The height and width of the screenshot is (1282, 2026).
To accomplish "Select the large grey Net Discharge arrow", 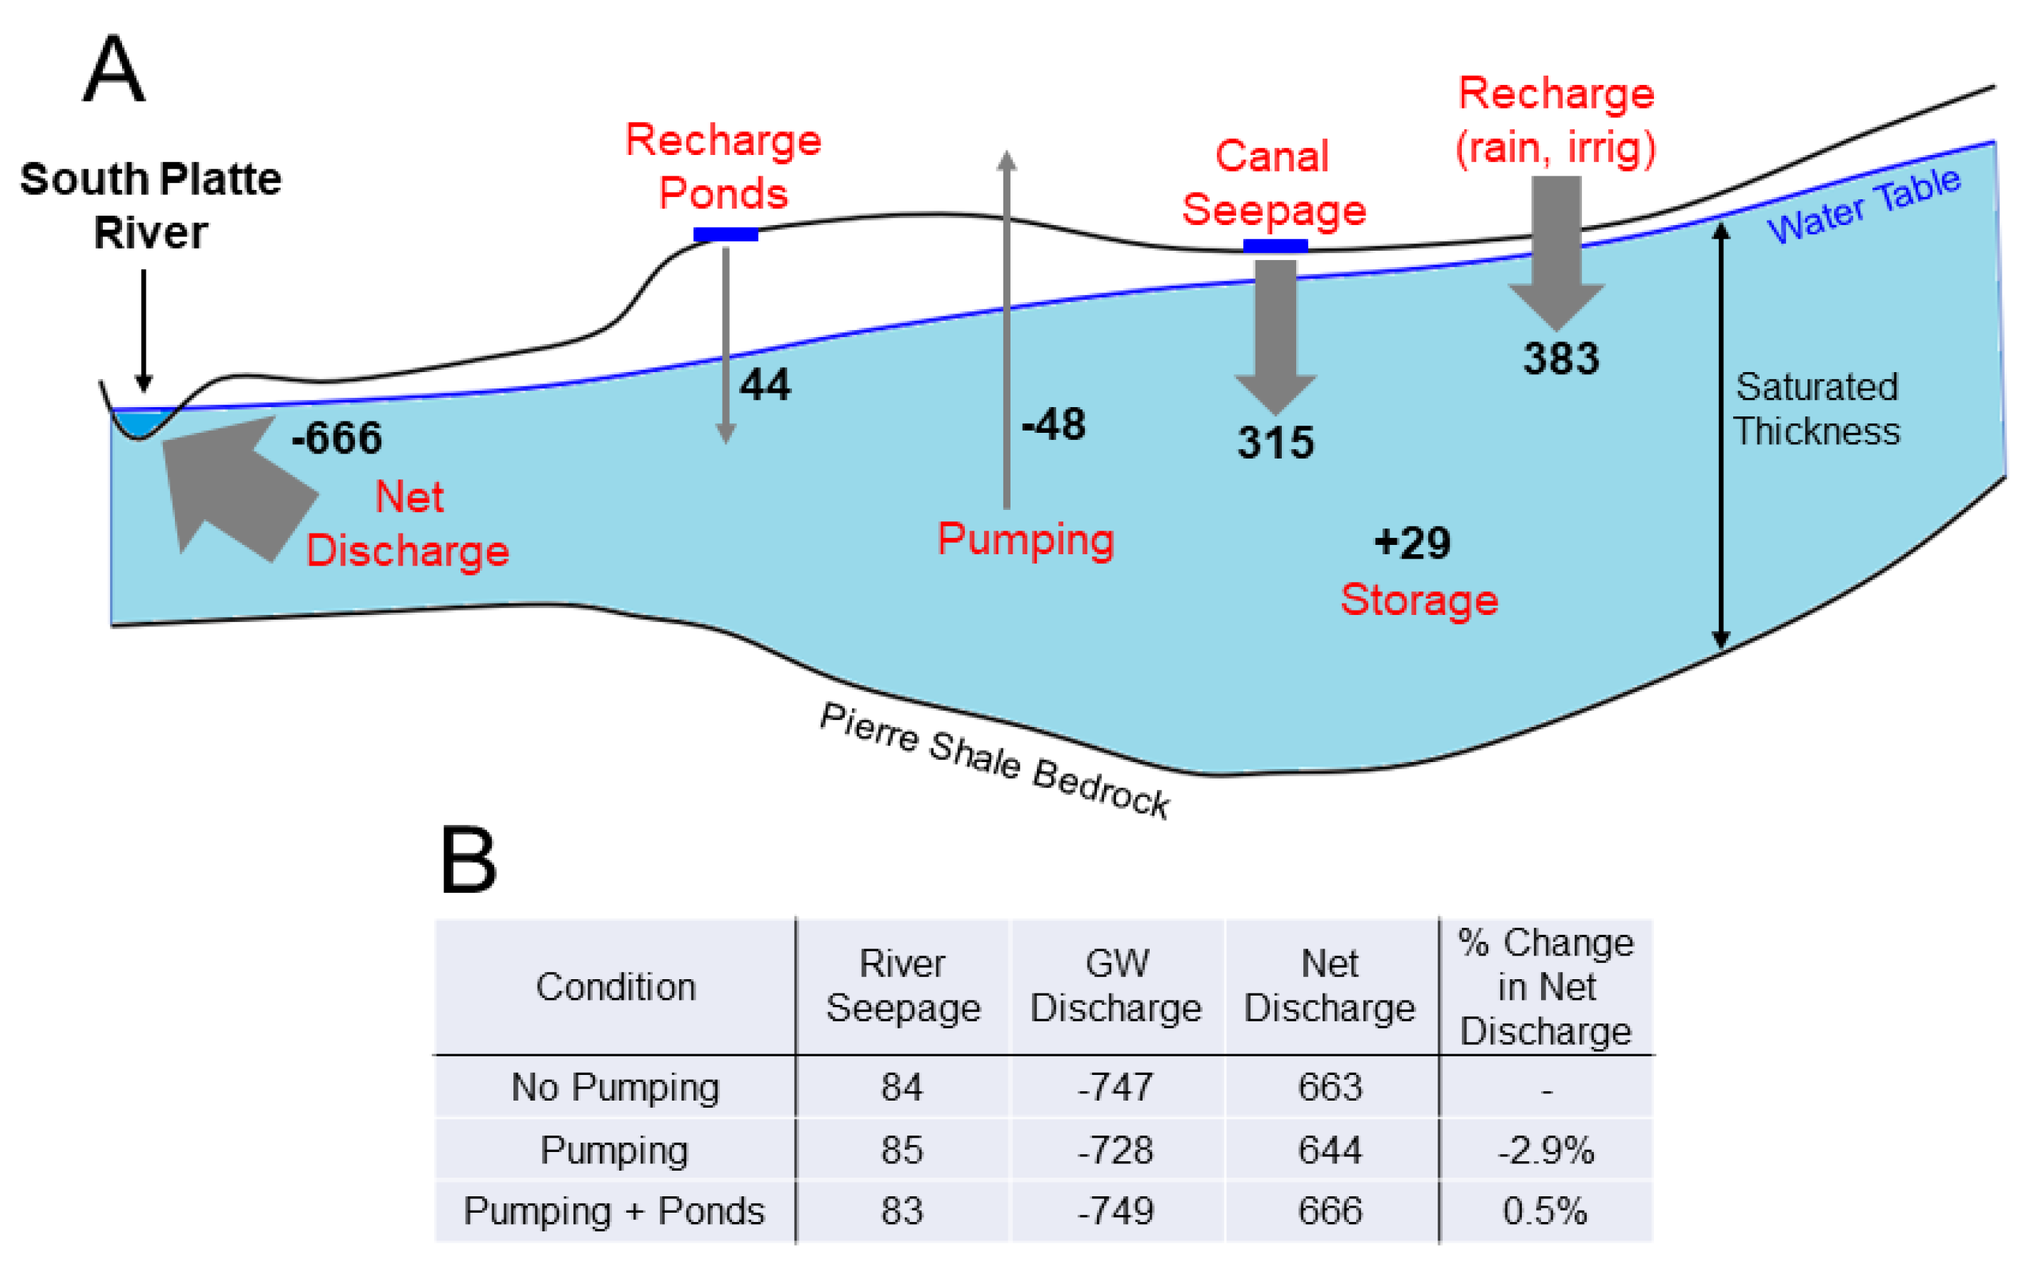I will click(x=236, y=488).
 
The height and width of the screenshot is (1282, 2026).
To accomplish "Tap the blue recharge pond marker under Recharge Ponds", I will click(x=726, y=235).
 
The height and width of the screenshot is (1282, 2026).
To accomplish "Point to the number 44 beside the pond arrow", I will click(x=765, y=385).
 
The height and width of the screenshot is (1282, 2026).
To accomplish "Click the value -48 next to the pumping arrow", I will click(x=1053, y=424).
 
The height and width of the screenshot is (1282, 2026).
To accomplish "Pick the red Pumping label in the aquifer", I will click(x=1025, y=539).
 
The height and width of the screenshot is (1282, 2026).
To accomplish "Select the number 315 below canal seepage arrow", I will click(x=1275, y=443).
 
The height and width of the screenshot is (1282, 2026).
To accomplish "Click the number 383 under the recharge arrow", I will click(x=1560, y=359).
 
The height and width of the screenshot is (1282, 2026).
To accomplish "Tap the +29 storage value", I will click(x=1413, y=543).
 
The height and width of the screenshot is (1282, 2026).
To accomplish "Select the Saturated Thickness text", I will click(x=1817, y=409).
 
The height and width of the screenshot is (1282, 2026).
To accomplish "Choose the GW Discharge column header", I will click(x=1115, y=986).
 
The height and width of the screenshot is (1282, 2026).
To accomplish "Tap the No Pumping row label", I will click(x=615, y=1087).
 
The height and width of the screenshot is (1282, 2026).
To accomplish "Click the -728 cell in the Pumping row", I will click(x=1115, y=1150).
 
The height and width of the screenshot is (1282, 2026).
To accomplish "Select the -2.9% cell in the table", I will click(x=1545, y=1150).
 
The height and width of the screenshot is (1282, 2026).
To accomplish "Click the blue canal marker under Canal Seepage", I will click(x=1275, y=246).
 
